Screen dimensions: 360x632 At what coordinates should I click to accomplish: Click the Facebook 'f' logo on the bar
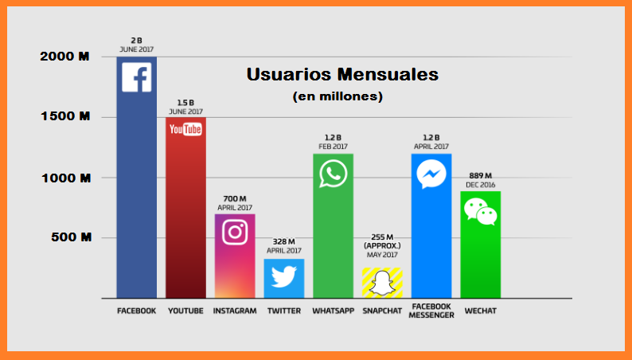(x=136, y=77)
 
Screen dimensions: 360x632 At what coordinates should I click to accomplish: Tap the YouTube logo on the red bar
(x=185, y=129)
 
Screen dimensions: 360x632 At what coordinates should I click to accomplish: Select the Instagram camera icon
(x=235, y=232)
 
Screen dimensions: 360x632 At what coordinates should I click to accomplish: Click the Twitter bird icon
(x=283, y=276)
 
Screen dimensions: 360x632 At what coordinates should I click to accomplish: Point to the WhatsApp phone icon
(x=333, y=173)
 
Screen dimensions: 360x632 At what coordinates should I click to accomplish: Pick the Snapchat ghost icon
(x=382, y=283)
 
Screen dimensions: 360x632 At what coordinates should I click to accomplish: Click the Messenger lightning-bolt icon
(x=431, y=174)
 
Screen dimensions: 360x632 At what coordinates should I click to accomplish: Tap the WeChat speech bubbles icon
(x=481, y=211)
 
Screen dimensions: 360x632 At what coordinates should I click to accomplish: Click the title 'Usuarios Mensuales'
(x=342, y=76)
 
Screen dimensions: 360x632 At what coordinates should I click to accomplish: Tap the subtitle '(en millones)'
(x=337, y=96)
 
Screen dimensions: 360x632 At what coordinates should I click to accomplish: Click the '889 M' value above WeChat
(x=480, y=175)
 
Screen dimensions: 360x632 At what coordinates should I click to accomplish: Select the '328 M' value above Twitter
(x=283, y=241)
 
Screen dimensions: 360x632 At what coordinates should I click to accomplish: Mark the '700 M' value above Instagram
(x=235, y=198)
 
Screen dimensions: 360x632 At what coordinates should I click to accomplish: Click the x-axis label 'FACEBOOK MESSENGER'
(x=432, y=311)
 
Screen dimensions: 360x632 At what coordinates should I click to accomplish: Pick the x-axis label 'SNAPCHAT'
(x=382, y=311)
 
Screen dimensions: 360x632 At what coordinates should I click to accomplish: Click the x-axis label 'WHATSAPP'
(x=333, y=311)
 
